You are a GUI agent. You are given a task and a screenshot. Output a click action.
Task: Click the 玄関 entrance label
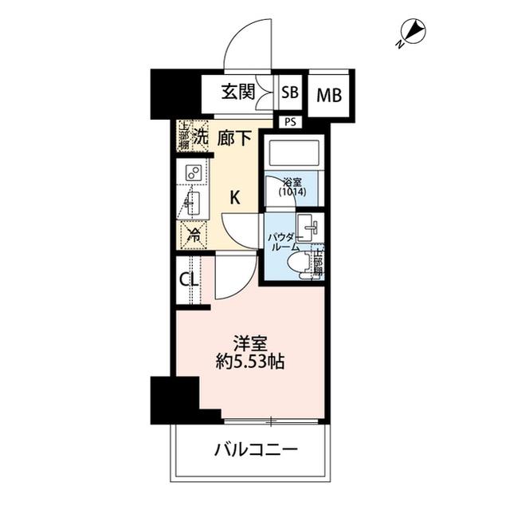[x=239, y=92]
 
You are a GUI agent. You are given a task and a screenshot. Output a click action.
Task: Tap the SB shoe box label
[x=290, y=93]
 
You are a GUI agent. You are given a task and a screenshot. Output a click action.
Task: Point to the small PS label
[x=288, y=121]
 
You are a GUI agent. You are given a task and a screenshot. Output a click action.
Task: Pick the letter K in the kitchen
[x=236, y=198]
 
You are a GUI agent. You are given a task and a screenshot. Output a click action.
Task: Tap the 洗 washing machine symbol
[x=201, y=136]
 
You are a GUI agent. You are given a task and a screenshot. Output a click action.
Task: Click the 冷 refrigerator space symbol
[x=194, y=235]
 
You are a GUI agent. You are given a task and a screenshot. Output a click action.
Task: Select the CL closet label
[x=189, y=280]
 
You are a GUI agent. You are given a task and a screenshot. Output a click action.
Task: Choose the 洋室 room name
[x=249, y=344]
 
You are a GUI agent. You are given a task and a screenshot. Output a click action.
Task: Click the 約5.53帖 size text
[x=249, y=362]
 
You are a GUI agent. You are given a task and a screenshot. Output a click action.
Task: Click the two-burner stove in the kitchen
[x=193, y=172]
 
